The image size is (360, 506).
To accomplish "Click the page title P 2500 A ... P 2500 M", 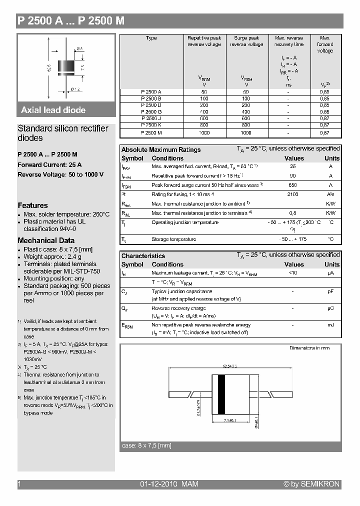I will tap(70, 20).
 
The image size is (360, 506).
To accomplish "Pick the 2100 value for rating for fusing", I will tap(293, 194).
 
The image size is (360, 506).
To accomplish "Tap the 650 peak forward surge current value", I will tap(293, 185).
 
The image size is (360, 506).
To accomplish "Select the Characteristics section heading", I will tap(143, 256).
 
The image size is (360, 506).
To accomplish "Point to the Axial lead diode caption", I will tap(53, 110).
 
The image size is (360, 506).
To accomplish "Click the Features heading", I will tap(33, 205).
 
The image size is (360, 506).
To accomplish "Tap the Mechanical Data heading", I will tap(46, 240).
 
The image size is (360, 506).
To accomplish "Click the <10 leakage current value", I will tap(293, 273).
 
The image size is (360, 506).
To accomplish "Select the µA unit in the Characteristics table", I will tap(330, 273).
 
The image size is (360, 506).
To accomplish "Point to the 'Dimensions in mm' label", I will tap(309, 348).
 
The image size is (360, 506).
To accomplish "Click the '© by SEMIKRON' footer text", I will tap(311, 484).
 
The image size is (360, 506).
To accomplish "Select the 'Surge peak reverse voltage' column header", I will tap(246, 41).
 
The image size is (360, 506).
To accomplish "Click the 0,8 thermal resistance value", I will tap(293, 213).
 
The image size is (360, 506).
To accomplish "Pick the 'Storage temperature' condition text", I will tap(174, 239).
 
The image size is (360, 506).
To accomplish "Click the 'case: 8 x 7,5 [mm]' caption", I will tap(146, 445).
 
